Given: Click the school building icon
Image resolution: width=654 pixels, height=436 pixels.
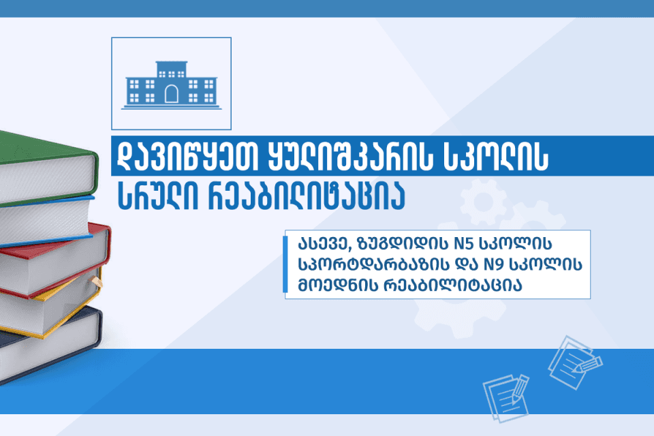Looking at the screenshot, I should click(x=171, y=84).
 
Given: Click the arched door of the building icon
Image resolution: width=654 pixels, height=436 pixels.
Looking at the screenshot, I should click(x=171, y=93).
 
